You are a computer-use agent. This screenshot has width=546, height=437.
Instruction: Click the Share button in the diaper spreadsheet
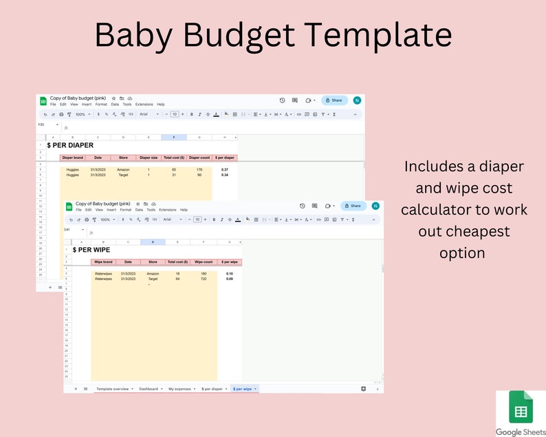click(334, 100)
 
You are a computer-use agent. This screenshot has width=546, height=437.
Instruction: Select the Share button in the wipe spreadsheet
click(353, 205)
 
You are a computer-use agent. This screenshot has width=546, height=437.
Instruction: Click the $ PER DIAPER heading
click(70, 145)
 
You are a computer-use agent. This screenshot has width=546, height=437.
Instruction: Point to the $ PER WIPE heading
click(91, 250)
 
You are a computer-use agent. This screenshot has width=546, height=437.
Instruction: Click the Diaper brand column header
click(72, 158)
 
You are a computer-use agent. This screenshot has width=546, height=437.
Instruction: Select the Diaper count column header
click(199, 158)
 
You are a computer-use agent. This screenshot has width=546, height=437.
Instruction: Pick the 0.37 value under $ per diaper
click(224, 169)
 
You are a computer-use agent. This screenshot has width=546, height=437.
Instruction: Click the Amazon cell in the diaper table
click(123, 169)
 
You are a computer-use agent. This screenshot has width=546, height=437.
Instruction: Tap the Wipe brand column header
click(103, 262)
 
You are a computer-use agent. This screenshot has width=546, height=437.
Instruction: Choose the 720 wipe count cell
click(204, 279)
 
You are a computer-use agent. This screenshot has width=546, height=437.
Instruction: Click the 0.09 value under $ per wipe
click(230, 279)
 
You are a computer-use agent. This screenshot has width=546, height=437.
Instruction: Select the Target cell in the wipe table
click(153, 279)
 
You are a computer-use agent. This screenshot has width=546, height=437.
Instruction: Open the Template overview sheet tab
click(112, 389)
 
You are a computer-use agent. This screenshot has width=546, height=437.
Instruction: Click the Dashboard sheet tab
click(149, 389)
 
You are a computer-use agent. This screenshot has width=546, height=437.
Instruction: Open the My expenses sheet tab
click(181, 389)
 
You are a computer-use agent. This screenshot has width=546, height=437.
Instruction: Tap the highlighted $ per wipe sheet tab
click(243, 389)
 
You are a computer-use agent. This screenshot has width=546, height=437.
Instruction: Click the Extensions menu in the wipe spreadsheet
click(168, 209)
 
